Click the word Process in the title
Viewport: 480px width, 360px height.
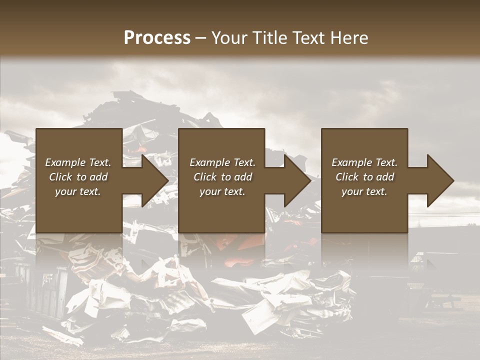point(157,37)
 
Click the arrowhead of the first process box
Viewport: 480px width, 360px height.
point(154,180)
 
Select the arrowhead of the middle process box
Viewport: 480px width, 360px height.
point(297,180)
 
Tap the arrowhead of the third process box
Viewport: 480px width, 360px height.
point(440,180)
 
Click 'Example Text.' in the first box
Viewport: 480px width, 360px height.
point(78,162)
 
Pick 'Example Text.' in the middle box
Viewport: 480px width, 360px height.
point(222,162)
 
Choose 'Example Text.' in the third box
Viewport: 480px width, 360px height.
point(364,162)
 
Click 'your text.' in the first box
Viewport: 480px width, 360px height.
point(78,191)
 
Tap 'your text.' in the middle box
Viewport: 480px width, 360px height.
point(222,191)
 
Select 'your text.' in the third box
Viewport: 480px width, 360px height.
point(364,191)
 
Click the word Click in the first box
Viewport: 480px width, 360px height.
point(60,177)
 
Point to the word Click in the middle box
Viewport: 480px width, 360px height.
point(205,177)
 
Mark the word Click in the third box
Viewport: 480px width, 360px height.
point(347,177)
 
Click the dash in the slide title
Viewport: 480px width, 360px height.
point(200,38)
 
